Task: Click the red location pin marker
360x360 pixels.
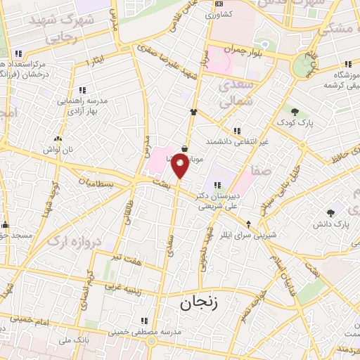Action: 180,167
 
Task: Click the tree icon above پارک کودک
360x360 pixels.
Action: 295,112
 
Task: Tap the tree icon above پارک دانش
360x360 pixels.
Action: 330,212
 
